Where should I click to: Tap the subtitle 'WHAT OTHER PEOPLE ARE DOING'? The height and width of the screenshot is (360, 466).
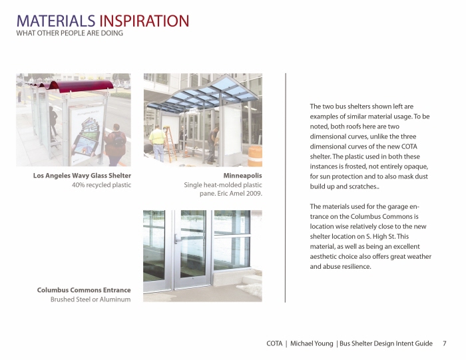69,33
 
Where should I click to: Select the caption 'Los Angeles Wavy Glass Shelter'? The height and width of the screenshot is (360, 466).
82,176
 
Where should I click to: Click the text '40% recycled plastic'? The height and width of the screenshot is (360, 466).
101,185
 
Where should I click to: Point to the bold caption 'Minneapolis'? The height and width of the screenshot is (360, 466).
242,176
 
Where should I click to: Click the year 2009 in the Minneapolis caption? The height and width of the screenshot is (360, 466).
254,194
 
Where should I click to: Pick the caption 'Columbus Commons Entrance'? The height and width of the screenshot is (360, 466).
84,290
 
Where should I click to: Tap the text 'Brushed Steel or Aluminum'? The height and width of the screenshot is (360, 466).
91,299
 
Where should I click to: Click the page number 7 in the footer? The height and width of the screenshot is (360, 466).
444,343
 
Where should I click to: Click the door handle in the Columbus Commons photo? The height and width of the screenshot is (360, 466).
177,238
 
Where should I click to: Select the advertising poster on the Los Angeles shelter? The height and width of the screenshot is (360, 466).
87,130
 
